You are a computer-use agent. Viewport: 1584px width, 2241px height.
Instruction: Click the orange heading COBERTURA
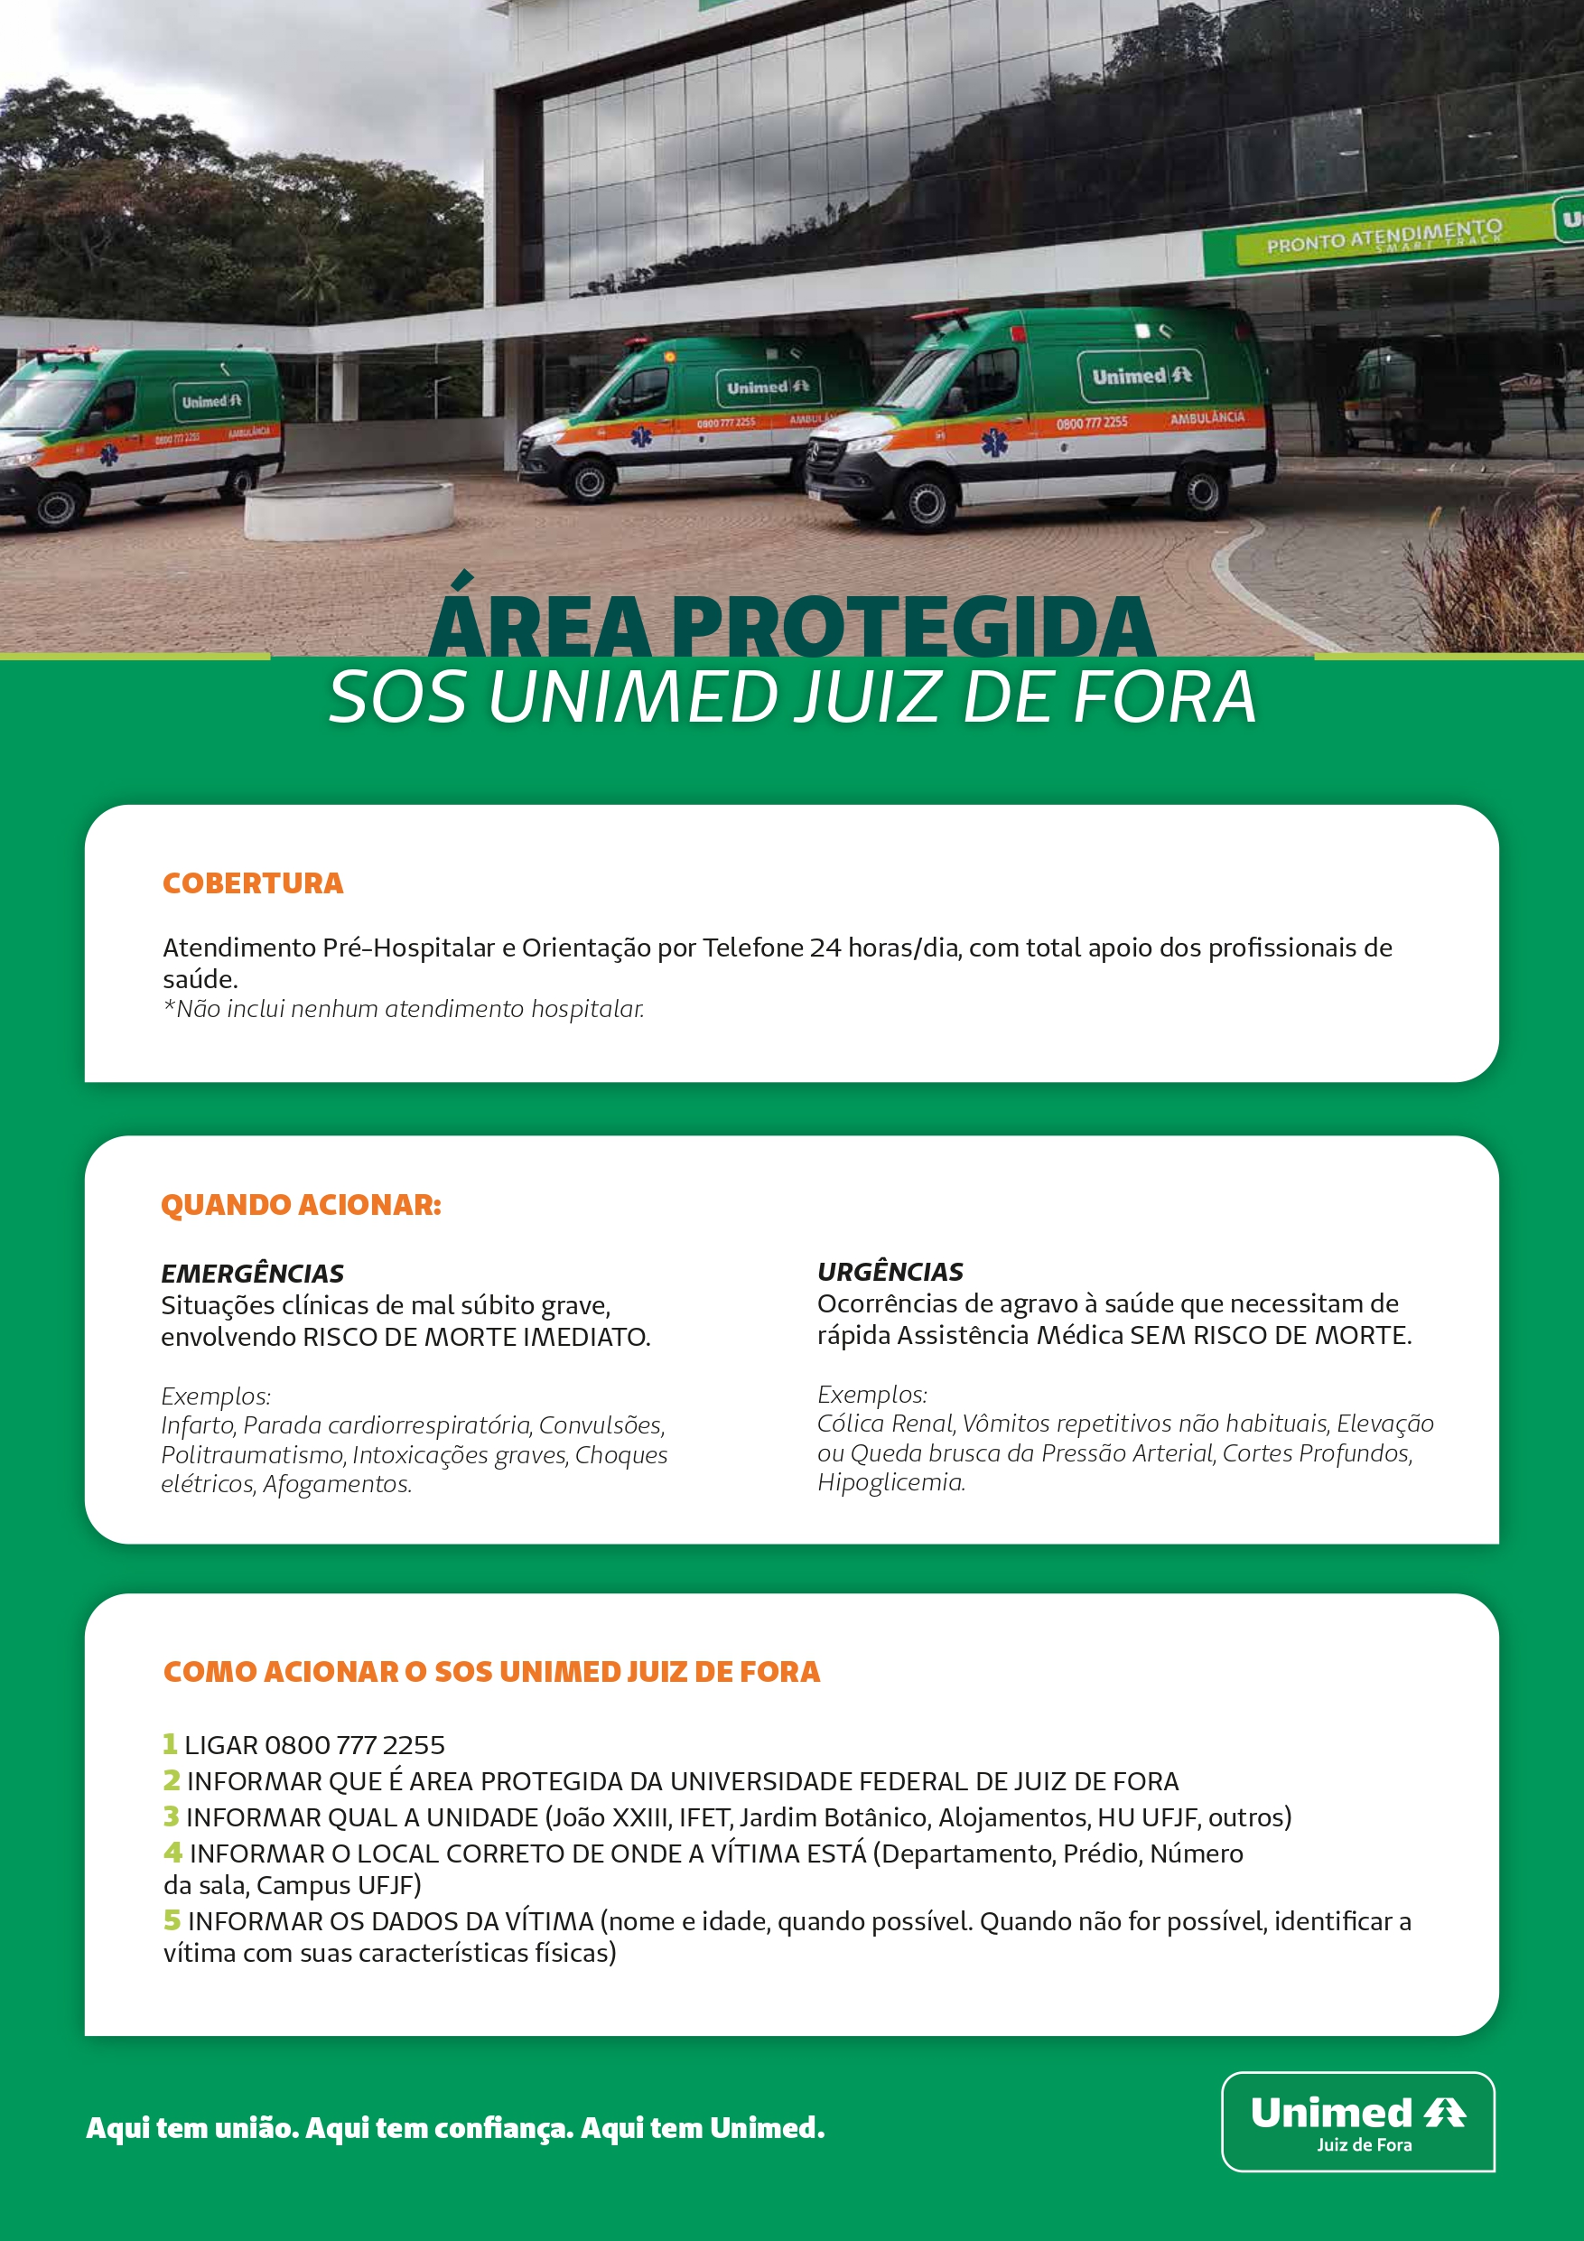[x=253, y=883]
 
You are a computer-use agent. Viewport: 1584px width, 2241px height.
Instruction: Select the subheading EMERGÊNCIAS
[x=252, y=1274]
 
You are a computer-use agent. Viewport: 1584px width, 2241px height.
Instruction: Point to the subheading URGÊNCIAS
[x=890, y=1272]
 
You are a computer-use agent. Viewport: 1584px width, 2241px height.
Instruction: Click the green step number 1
[x=170, y=1743]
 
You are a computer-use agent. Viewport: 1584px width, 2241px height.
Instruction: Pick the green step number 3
[x=171, y=1816]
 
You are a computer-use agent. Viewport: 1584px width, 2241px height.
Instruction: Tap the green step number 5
[x=172, y=1919]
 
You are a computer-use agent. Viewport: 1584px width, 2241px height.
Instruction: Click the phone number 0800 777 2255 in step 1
[x=354, y=1745]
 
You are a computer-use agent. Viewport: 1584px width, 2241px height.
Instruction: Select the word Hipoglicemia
[x=890, y=1482]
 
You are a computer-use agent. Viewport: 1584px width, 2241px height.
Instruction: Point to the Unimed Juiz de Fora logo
[x=1357, y=2121]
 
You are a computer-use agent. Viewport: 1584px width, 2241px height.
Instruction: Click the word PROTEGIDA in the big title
[x=912, y=628]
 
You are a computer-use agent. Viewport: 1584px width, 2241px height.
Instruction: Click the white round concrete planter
[x=349, y=509]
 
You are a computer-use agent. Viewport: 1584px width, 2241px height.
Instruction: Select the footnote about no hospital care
[x=403, y=1009]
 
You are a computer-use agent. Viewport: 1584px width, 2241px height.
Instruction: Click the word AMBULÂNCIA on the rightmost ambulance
[x=1207, y=417]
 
